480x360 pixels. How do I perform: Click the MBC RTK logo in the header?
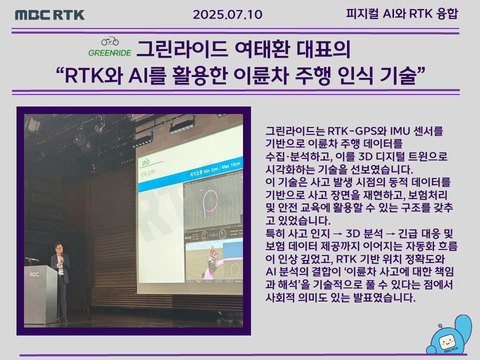[x=50, y=14]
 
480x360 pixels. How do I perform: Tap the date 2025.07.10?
[x=227, y=14]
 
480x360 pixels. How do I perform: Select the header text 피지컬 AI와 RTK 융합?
[x=402, y=14]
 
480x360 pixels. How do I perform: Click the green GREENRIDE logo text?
[x=110, y=53]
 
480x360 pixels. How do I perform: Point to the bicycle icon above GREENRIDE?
[x=110, y=41]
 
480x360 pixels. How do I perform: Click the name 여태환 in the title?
[x=261, y=49]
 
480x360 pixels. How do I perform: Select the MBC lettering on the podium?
[x=34, y=274]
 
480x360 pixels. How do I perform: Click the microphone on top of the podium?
[x=31, y=260]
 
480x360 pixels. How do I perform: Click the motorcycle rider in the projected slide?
[x=211, y=258]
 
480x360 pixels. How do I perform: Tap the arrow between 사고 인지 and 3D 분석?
[x=337, y=234]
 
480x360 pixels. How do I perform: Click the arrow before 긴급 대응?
[x=390, y=234]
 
